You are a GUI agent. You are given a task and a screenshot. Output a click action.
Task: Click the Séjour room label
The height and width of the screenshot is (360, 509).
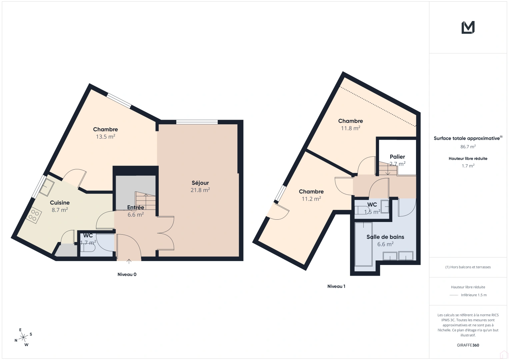tap(200, 183)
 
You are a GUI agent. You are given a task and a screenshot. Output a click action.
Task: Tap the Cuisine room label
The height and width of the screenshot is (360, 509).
tap(60, 202)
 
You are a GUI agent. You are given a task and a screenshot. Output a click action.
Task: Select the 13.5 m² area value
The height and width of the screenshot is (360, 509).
tap(105, 137)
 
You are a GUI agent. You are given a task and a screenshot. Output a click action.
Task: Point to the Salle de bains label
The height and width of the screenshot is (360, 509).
tap(385, 237)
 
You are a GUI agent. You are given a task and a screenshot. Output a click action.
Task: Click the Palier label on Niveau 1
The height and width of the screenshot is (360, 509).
tap(397, 157)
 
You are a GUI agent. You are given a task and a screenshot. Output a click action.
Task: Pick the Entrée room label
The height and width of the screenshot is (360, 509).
tap(136, 207)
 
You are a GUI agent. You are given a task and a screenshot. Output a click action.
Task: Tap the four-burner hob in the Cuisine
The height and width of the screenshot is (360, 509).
tap(34, 215)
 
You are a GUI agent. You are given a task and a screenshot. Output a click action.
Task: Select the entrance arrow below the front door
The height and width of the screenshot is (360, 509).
tap(129, 261)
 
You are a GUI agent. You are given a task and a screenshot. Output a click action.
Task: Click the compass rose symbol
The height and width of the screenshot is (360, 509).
tap(23, 337)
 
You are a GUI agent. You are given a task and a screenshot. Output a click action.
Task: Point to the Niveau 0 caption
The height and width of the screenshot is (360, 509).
tap(127, 275)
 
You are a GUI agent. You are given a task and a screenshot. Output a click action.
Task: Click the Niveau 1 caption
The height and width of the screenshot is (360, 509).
tap(336, 286)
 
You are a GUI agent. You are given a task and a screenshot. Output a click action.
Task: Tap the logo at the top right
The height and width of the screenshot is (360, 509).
tap(468, 27)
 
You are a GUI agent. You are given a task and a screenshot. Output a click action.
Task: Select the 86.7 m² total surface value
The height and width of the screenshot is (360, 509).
tap(468, 147)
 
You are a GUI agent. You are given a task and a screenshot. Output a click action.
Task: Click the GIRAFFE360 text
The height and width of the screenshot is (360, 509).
tap(468, 345)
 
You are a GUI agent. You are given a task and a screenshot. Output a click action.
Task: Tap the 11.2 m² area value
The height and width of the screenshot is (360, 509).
tap(311, 199)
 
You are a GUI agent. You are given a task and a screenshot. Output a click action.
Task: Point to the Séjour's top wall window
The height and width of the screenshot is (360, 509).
tap(197, 122)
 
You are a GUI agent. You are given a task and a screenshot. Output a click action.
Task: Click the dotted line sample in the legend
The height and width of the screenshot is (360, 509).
tap(454, 295)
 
